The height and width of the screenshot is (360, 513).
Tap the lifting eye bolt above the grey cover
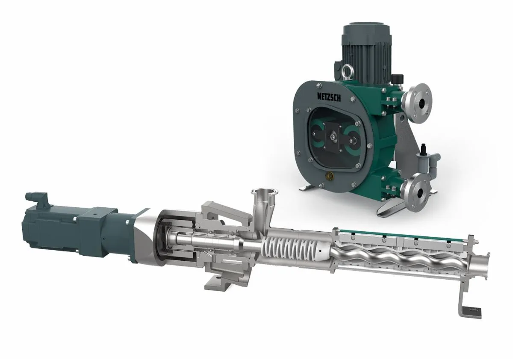click(x=344, y=70)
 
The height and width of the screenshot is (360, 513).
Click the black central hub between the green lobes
click(x=333, y=136)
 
